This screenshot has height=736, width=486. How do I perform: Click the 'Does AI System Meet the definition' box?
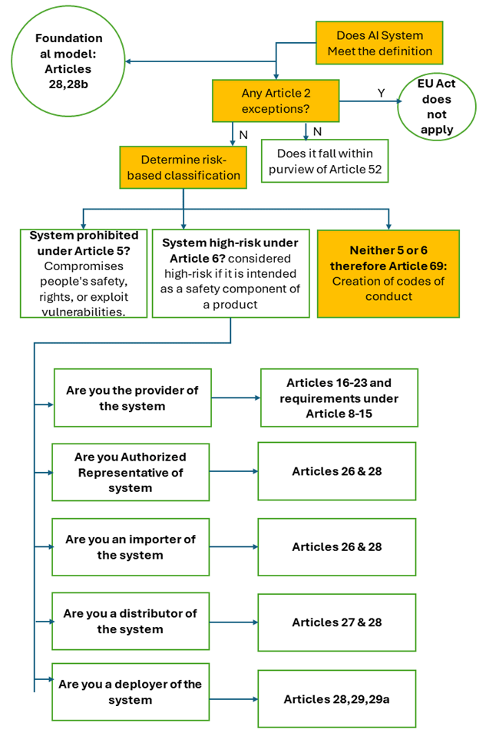(x=379, y=43)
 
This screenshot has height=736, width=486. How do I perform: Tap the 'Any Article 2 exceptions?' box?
(x=276, y=101)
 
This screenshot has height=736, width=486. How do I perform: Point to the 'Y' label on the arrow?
(x=380, y=92)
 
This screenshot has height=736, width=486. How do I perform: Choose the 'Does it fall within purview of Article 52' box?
(x=324, y=160)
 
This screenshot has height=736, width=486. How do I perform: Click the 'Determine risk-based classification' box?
(x=183, y=167)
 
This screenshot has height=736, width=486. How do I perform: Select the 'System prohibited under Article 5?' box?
(x=84, y=273)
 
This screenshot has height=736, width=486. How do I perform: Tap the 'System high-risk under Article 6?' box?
(x=230, y=273)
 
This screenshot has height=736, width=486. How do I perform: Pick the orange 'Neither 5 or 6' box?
(x=388, y=273)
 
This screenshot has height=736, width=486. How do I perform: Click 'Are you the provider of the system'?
(x=132, y=398)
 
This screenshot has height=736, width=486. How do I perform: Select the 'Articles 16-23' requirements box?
(x=339, y=398)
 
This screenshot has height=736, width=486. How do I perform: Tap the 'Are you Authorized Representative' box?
(x=131, y=471)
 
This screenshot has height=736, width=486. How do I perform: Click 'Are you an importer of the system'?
(x=131, y=546)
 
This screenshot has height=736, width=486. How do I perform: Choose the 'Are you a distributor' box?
(x=131, y=621)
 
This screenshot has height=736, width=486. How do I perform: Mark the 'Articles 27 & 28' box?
(x=336, y=622)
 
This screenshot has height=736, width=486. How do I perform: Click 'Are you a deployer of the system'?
(x=131, y=691)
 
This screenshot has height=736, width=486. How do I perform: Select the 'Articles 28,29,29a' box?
(x=336, y=698)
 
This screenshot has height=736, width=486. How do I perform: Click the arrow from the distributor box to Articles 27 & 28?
(x=233, y=622)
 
